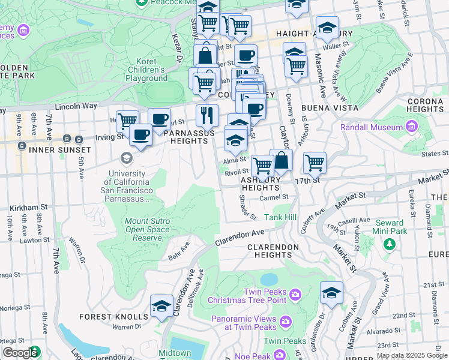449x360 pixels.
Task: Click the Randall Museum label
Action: pyautogui.click(x=372, y=127)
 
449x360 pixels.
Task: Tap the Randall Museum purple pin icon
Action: pyautogui.click(x=411, y=127)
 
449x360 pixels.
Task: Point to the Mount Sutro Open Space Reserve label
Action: pyautogui.click(x=147, y=229)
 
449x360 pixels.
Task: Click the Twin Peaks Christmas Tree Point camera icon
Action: pyautogui.click(x=295, y=294)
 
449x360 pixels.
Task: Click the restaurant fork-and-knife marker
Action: pyautogui.click(x=207, y=115)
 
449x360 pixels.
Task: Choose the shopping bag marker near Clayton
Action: pyautogui.click(x=281, y=160)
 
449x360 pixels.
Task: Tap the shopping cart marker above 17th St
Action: pyautogui.click(x=314, y=162)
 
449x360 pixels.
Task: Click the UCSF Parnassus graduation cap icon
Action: pyautogui.click(x=126, y=158)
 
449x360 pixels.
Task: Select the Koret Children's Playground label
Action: pyautogui.click(x=146, y=70)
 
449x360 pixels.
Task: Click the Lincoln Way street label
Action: pyautogui.click(x=76, y=106)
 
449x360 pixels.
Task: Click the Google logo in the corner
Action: pyautogui.click(x=20, y=353)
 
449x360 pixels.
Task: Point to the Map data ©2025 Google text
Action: pyautogui.click(x=411, y=355)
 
